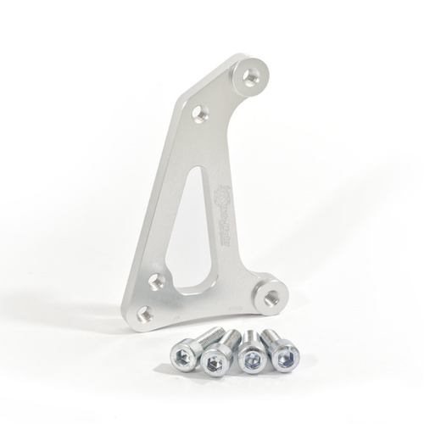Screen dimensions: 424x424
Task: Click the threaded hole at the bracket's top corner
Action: click(251, 75)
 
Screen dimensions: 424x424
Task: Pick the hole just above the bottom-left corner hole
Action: click(157, 281)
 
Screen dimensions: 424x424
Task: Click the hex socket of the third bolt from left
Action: click(250, 360)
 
